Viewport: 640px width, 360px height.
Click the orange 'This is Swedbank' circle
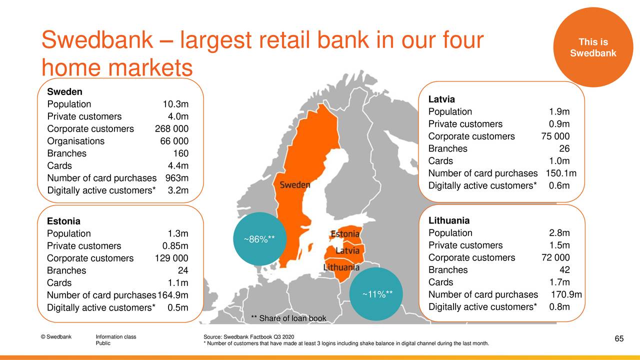pyautogui.click(x=593, y=47)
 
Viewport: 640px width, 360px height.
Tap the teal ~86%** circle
pyautogui.click(x=259, y=239)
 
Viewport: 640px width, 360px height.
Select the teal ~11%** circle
pyautogui.click(x=376, y=293)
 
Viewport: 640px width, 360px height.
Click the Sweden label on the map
pyautogui.click(x=294, y=185)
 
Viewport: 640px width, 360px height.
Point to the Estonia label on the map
pyautogui.click(x=345, y=234)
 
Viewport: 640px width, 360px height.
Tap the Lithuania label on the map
pyautogui.click(x=341, y=267)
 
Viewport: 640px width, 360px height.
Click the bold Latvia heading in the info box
pyautogui.click(x=441, y=99)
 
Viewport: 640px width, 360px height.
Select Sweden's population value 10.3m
pyautogui.click(x=175, y=104)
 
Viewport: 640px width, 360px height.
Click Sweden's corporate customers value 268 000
pyautogui.click(x=171, y=129)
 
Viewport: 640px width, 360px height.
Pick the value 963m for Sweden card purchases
pyautogui.click(x=177, y=178)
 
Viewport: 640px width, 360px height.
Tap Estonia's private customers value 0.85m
pyautogui.click(x=175, y=245)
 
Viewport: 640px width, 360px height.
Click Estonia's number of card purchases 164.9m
pyautogui.click(x=173, y=295)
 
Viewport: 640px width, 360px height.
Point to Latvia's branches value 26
pyautogui.click(x=564, y=148)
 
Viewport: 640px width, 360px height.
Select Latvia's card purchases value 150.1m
pyautogui.click(x=561, y=173)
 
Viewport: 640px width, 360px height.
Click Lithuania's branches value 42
pyautogui.click(x=564, y=269)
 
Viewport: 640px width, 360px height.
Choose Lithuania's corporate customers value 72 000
pyautogui.click(x=555, y=257)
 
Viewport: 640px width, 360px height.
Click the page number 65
pyautogui.click(x=619, y=338)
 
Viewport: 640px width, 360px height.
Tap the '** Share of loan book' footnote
pyautogui.click(x=288, y=318)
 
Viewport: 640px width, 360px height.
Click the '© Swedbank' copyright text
pyautogui.click(x=56, y=336)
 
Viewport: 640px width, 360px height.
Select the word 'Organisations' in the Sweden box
pyautogui.click(x=75, y=141)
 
